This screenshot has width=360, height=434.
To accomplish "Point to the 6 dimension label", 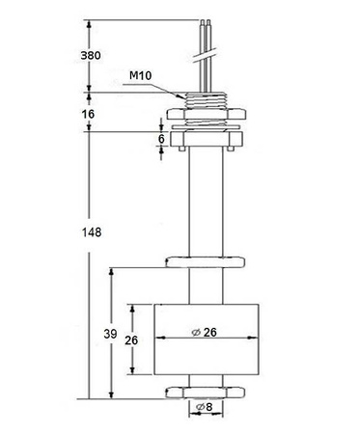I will [x=160, y=139].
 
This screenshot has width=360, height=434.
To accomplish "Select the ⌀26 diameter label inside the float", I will [x=205, y=333].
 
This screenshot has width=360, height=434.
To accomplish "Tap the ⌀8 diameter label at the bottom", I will [x=204, y=408].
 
